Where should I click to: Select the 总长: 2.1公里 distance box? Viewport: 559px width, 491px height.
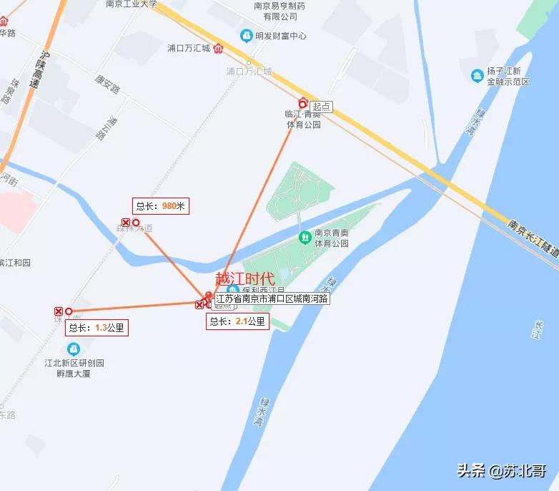click(238, 322)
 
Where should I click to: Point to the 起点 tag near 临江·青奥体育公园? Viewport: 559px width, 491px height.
click(322, 107)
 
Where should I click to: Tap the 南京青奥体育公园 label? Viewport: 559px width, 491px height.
click(332, 238)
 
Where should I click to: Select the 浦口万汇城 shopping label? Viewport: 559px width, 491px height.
click(188, 49)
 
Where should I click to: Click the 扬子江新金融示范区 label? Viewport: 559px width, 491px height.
click(508, 77)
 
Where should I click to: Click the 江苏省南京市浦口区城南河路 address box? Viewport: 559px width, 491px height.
click(272, 298)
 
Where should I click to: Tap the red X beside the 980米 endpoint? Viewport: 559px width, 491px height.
click(126, 223)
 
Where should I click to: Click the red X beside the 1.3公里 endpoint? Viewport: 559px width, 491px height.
click(59, 311)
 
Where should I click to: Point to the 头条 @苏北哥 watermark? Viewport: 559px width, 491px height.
click(502, 471)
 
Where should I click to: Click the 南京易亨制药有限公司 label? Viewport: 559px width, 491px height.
click(279, 11)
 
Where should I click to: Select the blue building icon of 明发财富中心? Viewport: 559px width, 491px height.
click(246, 35)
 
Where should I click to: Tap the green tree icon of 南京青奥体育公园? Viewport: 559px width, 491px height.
click(304, 235)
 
